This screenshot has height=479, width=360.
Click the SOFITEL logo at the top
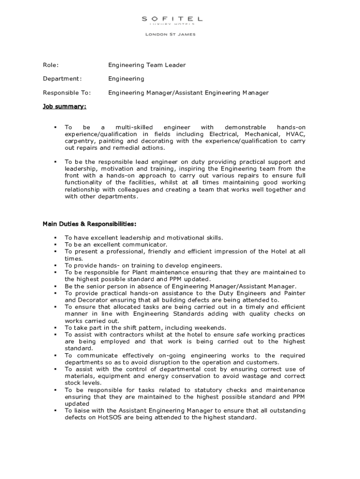172,19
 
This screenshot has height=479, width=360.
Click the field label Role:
51,65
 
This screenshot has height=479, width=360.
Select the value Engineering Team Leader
147,65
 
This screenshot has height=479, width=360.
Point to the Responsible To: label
67,93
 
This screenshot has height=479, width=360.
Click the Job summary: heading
65,107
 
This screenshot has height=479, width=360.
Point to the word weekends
209,327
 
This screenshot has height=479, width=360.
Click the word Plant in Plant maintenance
141,272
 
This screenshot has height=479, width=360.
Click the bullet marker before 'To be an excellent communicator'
55,245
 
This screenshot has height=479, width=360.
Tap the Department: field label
62,79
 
